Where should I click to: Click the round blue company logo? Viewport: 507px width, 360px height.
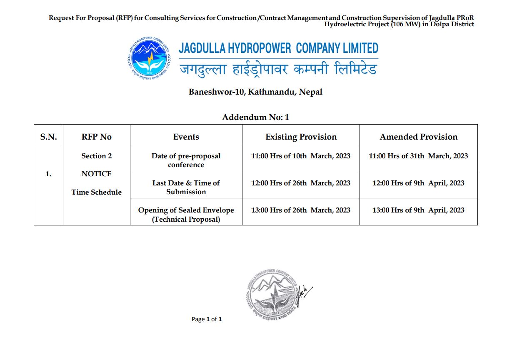(148, 59)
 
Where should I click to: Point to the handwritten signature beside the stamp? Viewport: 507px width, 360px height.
(304, 292)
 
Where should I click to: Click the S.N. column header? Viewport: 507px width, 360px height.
(48, 137)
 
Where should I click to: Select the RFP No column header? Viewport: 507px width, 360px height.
(97, 137)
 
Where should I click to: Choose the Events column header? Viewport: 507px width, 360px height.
(186, 137)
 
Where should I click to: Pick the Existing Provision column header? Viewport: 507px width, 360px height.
(301, 137)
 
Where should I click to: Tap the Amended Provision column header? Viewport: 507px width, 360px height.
(418, 137)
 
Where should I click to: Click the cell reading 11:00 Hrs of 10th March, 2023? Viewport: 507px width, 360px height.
(301, 156)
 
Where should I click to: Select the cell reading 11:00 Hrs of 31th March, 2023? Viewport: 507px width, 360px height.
(418, 156)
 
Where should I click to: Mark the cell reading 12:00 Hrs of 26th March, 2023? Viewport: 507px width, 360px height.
(301, 183)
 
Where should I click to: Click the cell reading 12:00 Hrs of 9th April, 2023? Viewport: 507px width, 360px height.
(418, 183)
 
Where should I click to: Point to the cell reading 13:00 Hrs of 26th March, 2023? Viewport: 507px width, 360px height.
(301, 210)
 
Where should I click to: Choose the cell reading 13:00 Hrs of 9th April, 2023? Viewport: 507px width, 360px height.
(418, 210)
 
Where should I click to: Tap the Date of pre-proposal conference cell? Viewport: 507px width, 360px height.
(186, 160)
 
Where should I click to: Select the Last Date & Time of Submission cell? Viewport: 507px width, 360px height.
(186, 187)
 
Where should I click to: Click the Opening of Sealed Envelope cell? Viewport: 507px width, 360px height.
(186, 215)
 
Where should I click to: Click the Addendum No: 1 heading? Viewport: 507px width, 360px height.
(255, 117)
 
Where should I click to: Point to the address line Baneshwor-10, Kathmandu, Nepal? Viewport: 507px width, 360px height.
(255, 92)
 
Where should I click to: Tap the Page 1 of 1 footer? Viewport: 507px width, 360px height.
(207, 320)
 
